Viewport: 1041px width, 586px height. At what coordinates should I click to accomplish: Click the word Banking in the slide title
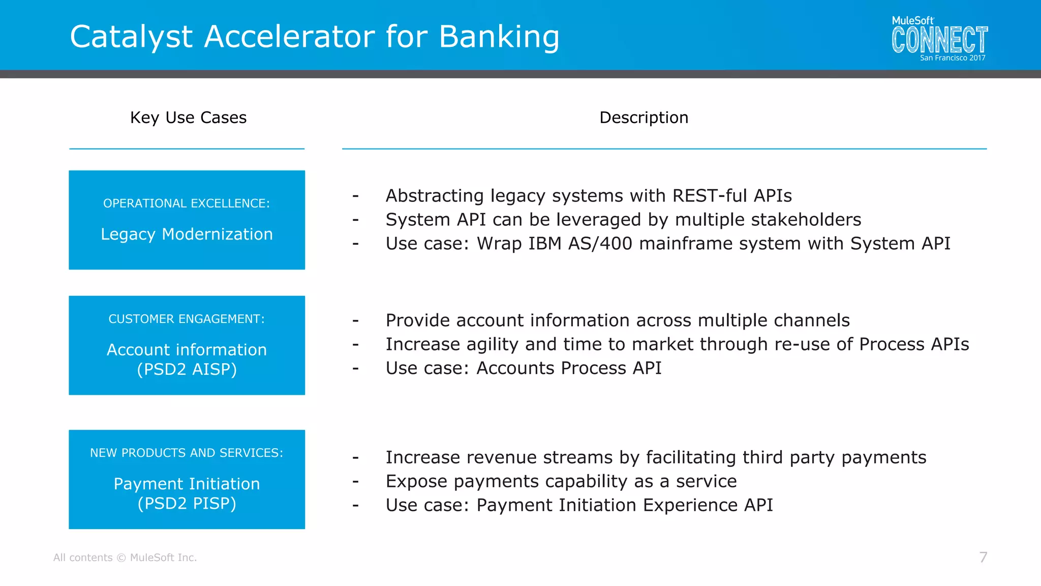click(x=499, y=37)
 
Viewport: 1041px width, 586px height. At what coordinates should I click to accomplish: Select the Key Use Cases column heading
click(x=188, y=118)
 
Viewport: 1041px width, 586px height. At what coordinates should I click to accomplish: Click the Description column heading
click(x=644, y=118)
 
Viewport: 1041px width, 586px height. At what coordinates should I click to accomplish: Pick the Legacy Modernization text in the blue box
click(x=187, y=234)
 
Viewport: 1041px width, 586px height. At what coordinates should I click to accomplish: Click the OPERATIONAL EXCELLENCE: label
click(x=187, y=203)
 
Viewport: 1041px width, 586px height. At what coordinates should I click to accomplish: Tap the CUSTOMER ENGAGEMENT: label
click(x=187, y=319)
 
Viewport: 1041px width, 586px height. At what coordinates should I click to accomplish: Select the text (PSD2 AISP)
click(x=187, y=369)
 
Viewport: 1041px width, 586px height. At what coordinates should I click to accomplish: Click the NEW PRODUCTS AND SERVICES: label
click(x=187, y=453)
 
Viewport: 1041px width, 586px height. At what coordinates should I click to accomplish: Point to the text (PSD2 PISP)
click(x=187, y=504)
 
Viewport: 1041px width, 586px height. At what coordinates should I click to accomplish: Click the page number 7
click(x=983, y=558)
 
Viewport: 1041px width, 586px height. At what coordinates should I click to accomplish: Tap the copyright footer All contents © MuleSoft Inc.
click(x=125, y=558)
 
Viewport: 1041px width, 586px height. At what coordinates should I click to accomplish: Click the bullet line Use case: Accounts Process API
click(x=524, y=368)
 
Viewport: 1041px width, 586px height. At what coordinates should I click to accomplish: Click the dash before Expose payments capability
click(x=356, y=481)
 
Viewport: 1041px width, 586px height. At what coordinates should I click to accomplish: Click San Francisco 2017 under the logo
click(x=952, y=58)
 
